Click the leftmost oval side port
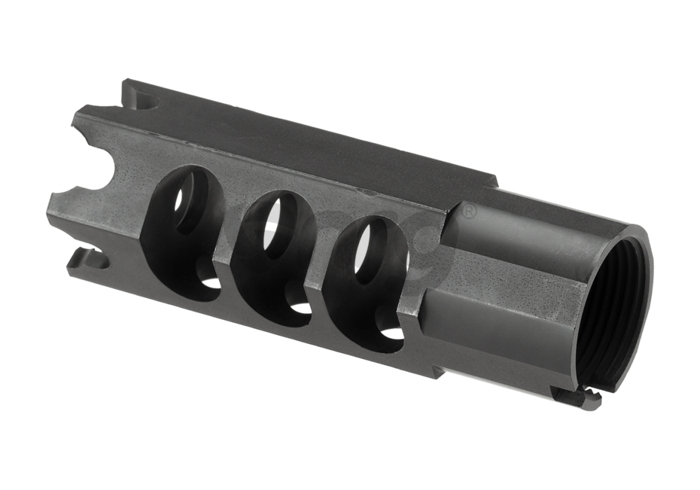[x=184, y=226]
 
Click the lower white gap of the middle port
[x=301, y=308]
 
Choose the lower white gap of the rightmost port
[x=391, y=332]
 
